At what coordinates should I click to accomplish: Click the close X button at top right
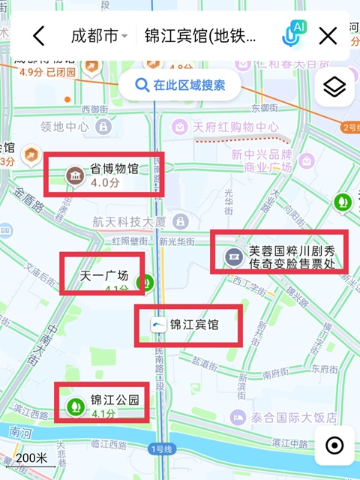tap(328, 35)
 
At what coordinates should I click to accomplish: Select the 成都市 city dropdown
tap(98, 35)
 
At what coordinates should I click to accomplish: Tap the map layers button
tap(334, 88)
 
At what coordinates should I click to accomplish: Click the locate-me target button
tap(334, 446)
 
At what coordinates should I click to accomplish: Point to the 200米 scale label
tap(31, 457)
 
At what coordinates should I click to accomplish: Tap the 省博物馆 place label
tap(114, 169)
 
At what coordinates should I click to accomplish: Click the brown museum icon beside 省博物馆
tap(75, 175)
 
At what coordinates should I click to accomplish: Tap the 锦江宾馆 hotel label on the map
tap(193, 325)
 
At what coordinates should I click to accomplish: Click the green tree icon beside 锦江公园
tap(75, 406)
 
